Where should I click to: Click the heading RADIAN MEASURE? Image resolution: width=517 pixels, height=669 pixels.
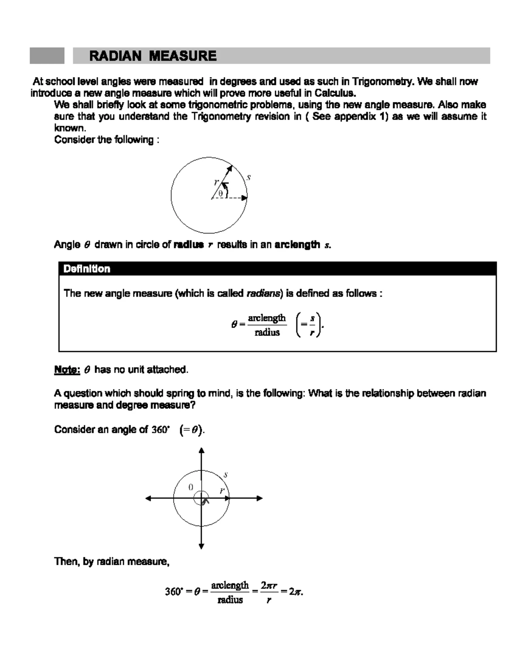153,56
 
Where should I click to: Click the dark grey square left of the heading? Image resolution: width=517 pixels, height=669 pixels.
47,56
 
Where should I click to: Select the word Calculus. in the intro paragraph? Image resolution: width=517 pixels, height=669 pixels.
335,93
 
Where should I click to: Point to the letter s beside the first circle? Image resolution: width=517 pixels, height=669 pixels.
249,177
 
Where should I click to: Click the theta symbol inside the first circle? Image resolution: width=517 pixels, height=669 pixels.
221,194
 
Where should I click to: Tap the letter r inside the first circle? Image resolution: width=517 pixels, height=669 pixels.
216,182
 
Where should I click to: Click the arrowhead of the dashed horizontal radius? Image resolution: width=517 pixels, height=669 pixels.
245,198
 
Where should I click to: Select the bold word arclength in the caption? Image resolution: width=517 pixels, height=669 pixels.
297,245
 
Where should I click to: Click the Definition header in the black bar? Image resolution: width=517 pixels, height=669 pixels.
87,269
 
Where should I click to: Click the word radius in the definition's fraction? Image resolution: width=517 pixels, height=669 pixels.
267,332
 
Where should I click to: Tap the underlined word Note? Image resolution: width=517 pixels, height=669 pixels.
67,370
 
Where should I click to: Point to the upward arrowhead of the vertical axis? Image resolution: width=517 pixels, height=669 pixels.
201,451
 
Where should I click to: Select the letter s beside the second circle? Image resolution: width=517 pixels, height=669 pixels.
225,475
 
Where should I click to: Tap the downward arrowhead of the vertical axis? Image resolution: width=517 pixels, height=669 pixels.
201,546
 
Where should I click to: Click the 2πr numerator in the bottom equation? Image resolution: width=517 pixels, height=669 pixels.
269,586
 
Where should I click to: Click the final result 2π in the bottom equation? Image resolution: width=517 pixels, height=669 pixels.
295,592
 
